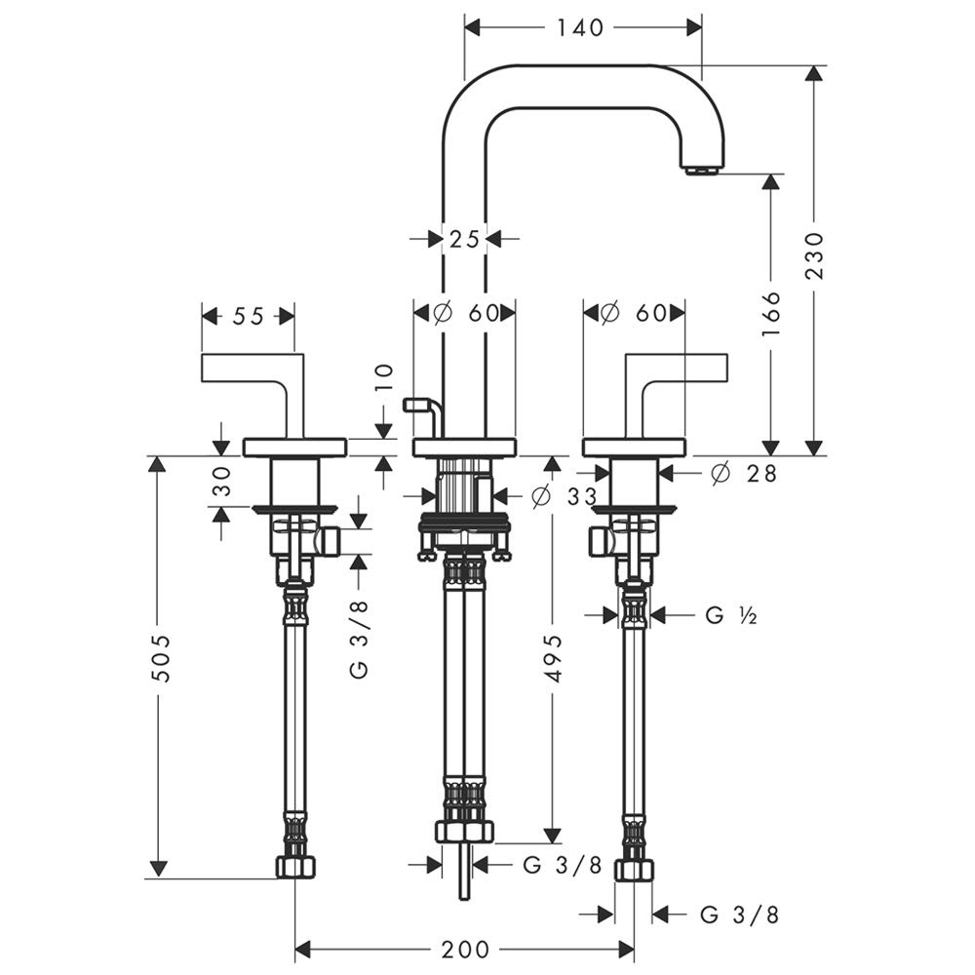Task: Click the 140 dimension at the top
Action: [579, 28]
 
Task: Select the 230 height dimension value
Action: [814, 255]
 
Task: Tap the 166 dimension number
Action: [770, 313]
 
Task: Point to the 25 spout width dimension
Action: [464, 239]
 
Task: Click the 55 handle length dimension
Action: [248, 317]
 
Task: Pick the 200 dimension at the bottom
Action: [465, 949]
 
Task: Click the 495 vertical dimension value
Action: [553, 658]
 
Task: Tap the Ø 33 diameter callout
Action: [565, 495]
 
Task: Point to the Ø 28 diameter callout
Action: [744, 474]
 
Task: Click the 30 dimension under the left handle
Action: [221, 481]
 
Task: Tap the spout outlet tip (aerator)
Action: [703, 169]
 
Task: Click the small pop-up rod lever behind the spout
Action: [423, 414]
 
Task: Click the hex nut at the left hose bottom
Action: [295, 867]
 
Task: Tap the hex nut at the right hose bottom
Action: [635, 870]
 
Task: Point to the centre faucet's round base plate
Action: [464, 448]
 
